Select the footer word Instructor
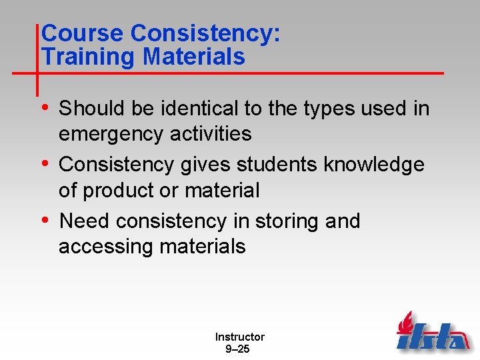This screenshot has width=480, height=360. click(239, 337)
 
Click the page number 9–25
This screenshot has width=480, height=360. click(239, 349)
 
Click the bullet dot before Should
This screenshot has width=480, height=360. click(44, 107)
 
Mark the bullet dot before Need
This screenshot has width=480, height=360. click(44, 219)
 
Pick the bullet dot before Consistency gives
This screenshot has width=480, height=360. click(44, 163)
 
